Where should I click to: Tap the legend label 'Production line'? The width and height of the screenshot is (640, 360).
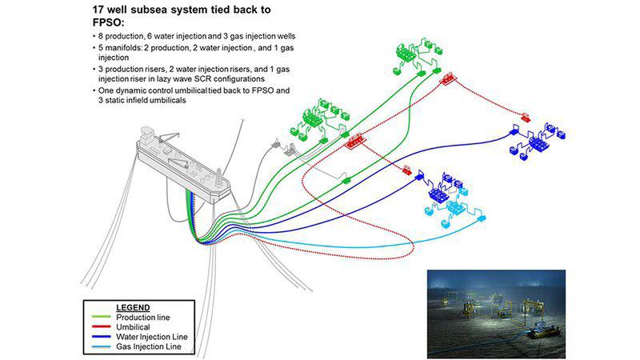click(143, 317)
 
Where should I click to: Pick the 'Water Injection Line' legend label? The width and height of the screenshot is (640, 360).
click(151, 336)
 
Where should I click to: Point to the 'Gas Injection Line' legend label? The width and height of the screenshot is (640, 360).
click(148, 346)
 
